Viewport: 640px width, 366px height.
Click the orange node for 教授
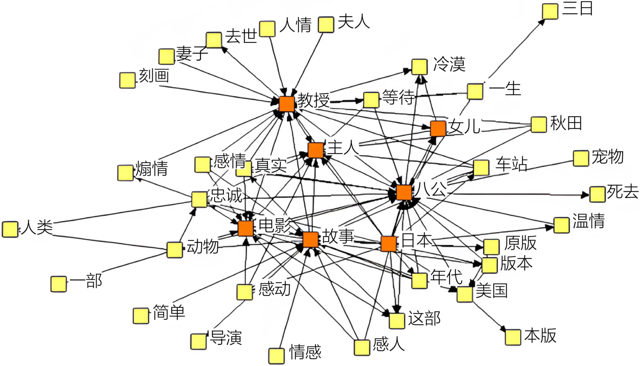pyautogui.click(x=286, y=103)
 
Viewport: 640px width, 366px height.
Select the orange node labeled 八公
pyautogui.click(x=404, y=192)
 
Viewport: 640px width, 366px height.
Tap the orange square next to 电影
pyautogui.click(x=246, y=228)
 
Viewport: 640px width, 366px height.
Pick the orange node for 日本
pyautogui.click(x=389, y=244)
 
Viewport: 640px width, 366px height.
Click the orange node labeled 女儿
pyautogui.click(x=438, y=128)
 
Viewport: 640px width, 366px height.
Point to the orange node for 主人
pyautogui.click(x=316, y=150)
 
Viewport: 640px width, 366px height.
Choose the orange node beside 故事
pyautogui.click(x=310, y=240)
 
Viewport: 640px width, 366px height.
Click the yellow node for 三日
pyautogui.click(x=550, y=12)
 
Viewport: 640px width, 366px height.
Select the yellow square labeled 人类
pyautogui.click(x=10, y=229)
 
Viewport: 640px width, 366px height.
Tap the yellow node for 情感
pyautogui.click(x=276, y=356)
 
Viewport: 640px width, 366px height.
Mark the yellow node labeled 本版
pyautogui.click(x=513, y=337)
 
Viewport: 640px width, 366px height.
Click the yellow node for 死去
pyautogui.click(x=597, y=194)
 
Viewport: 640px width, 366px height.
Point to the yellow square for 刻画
pyautogui.click(x=127, y=80)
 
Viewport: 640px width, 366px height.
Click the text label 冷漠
pyautogui.click(x=449, y=64)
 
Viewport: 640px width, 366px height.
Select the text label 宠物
pyautogui.click(x=608, y=157)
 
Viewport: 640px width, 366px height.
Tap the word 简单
pyautogui.click(x=169, y=312)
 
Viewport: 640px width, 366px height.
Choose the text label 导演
pyautogui.click(x=226, y=338)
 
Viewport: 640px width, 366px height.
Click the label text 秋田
pyautogui.click(x=566, y=123)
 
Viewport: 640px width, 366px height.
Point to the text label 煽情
pyautogui.click(x=151, y=168)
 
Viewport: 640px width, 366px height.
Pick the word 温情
pyautogui.click(x=588, y=221)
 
